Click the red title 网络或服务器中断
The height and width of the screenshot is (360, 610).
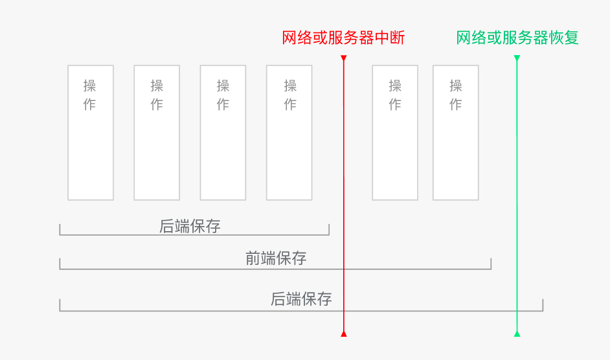point(343,38)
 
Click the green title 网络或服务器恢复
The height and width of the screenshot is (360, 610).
point(517,38)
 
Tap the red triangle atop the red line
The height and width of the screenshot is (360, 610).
point(343,58)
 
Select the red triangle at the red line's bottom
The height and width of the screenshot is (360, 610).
point(343,334)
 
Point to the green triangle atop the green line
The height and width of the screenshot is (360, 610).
point(517,58)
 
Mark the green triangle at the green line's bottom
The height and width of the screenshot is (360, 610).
point(517,334)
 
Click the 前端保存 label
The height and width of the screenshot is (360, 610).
point(276,258)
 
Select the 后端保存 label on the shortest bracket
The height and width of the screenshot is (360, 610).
point(190,226)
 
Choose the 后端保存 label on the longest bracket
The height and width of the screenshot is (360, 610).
point(301,299)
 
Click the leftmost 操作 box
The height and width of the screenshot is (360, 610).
point(91,133)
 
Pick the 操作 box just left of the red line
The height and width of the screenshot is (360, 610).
point(289,133)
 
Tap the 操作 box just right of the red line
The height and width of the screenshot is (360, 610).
point(395,133)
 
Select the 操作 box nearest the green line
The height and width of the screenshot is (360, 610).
point(455,133)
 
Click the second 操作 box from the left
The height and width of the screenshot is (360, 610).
point(157,133)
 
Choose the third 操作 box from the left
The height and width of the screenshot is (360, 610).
point(223,133)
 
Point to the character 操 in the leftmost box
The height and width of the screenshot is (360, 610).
point(89,85)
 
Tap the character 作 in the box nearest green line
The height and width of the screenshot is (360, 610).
point(455,104)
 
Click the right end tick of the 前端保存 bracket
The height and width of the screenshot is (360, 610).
point(491,264)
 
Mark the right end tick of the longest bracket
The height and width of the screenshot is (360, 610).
point(543,305)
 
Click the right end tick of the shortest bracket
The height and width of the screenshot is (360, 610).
point(329,230)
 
